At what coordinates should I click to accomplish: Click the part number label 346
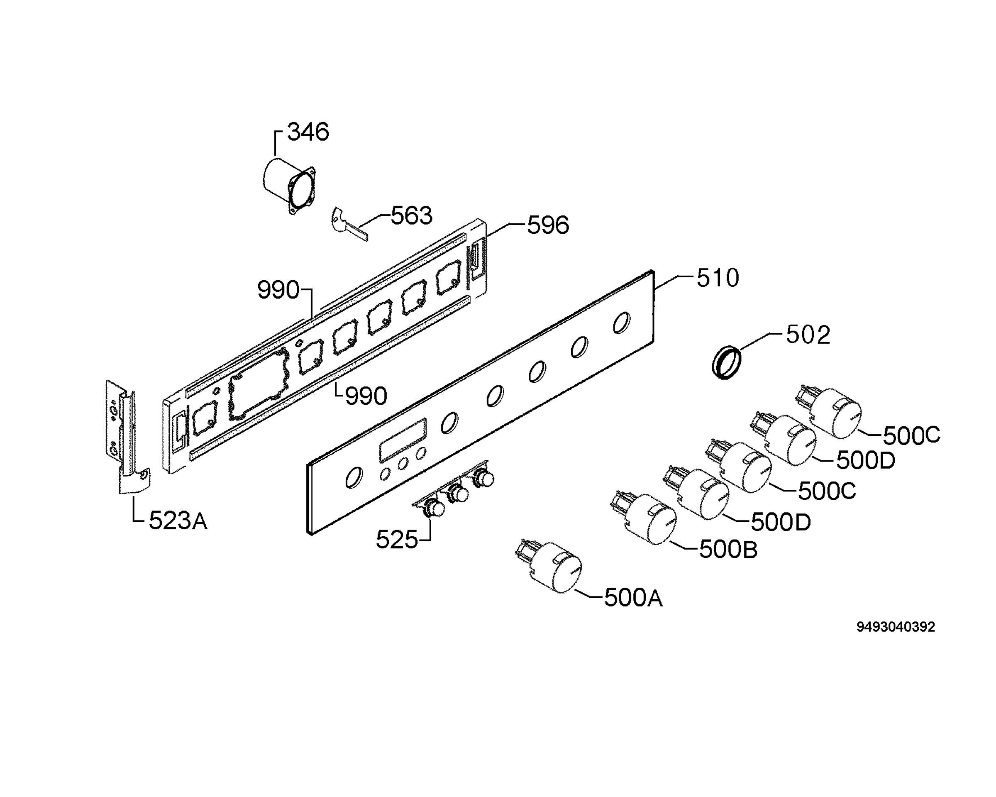pos(308,132)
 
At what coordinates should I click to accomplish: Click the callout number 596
pos(548,225)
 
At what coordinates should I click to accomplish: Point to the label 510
pos(718,278)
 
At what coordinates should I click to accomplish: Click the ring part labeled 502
pos(726,362)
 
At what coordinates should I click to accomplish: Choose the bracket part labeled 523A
pos(127,437)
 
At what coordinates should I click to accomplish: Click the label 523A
pos(178,521)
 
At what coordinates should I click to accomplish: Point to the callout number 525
pos(397,539)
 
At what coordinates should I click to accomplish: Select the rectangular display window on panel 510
pos(403,440)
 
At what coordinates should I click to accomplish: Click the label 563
pos(412,215)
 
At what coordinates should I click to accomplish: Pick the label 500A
pos(633,598)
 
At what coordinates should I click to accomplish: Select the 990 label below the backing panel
pos(366,396)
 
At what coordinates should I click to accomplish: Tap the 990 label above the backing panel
pos(278,290)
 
